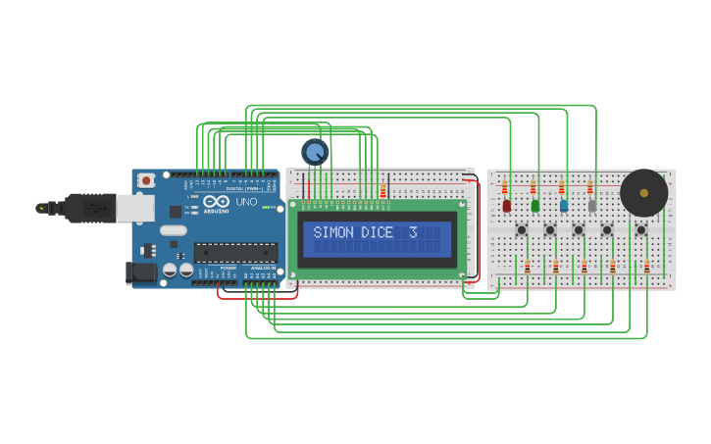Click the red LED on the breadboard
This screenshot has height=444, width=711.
pos(506,206)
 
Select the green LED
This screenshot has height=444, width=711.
pos(534,206)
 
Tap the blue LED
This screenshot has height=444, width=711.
pos(563,206)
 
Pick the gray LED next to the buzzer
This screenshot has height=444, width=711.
pos(591,206)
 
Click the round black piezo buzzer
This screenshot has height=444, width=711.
pos(643,192)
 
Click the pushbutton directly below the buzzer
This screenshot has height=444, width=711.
pos(640,230)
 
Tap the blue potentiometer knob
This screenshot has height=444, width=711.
pos(315,152)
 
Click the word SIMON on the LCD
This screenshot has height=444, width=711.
pos(332,233)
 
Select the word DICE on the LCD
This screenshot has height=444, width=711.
pos(378,233)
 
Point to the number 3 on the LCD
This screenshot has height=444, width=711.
pos(413,233)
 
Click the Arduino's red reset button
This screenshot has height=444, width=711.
pos(146,180)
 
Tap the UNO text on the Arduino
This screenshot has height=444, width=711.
pos(246,202)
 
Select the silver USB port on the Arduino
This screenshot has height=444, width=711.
pos(134,207)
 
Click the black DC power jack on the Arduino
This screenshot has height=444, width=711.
pos(140,271)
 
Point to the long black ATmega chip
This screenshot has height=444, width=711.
pos(234,252)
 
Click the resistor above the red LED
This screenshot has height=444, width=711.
pos(505,187)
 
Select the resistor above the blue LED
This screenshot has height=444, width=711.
pos(562,187)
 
